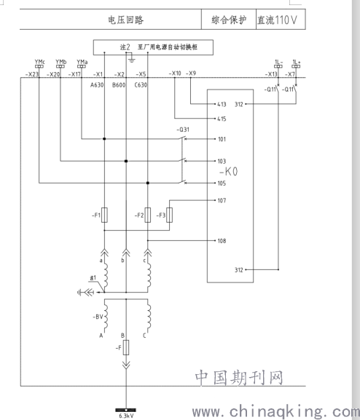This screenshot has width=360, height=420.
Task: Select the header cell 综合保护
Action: (x=229, y=20)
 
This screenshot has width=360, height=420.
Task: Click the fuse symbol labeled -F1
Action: (x=105, y=215)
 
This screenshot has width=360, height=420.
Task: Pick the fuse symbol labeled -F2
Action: (x=147, y=215)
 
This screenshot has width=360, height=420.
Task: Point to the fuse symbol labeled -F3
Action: (x=169, y=215)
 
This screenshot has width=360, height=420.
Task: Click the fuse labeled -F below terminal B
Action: (x=126, y=347)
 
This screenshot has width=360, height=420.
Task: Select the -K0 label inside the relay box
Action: (x=228, y=172)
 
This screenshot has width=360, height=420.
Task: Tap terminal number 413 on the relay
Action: (x=222, y=104)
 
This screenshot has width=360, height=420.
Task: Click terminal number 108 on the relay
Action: (x=222, y=241)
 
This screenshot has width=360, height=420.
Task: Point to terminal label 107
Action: (x=222, y=200)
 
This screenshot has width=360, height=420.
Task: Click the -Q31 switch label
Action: (x=183, y=130)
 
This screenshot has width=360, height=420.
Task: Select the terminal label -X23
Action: (x=32, y=74)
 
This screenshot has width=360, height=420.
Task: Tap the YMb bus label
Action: (x=61, y=62)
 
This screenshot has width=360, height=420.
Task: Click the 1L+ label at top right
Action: (x=297, y=62)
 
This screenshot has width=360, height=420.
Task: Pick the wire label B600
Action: (x=119, y=85)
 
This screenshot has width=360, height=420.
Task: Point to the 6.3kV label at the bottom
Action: (x=126, y=416)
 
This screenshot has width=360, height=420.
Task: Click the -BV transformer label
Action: (x=98, y=317)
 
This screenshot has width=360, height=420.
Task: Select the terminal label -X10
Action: (x=175, y=73)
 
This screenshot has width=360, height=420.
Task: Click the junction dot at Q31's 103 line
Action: (x=126, y=161)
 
